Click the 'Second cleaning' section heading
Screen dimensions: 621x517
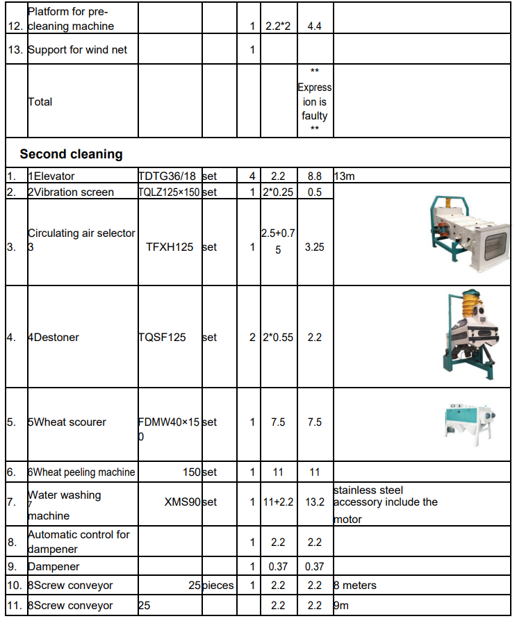(x=71, y=154)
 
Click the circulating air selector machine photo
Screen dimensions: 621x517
(x=466, y=233)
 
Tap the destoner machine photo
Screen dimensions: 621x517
(x=470, y=337)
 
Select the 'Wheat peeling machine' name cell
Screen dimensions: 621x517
(x=81, y=472)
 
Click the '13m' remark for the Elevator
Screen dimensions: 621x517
(x=345, y=176)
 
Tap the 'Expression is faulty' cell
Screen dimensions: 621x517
(x=315, y=101)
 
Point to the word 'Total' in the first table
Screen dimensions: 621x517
(x=40, y=101)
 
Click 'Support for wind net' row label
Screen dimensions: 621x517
(x=77, y=50)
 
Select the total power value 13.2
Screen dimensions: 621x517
(x=315, y=502)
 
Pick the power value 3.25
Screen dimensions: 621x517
(x=315, y=247)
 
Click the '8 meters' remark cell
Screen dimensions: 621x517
(x=355, y=586)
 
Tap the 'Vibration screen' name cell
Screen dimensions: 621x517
(x=71, y=192)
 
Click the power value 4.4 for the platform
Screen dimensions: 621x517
(x=315, y=26)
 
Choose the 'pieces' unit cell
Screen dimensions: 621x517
(x=219, y=586)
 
